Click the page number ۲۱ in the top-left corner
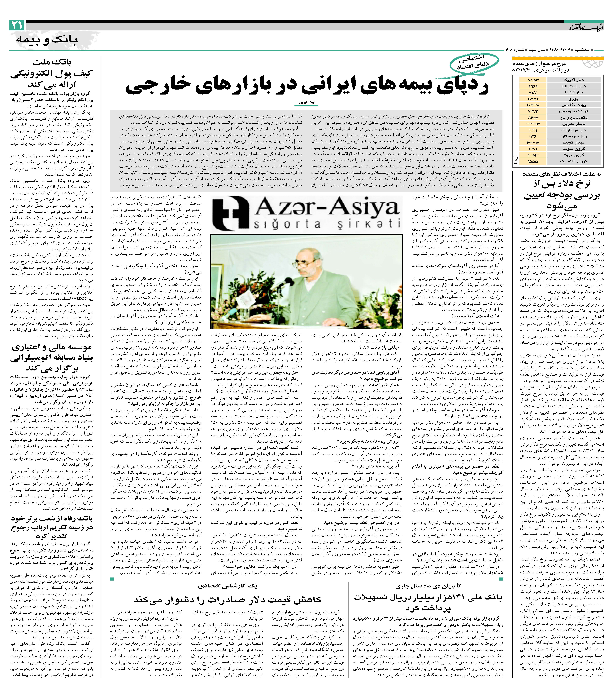[16, 25]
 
